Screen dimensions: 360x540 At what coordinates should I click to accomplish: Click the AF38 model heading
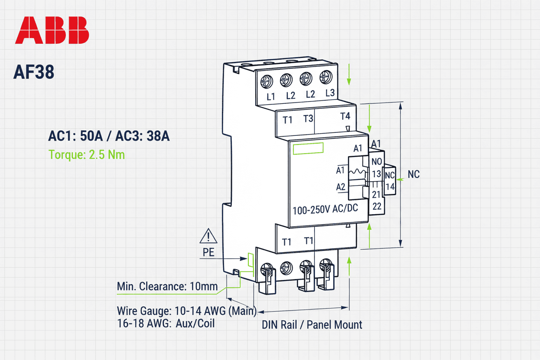pos(34,72)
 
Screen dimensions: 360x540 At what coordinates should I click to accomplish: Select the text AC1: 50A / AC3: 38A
pos(109,136)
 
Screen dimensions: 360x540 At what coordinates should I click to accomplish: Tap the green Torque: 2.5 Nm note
pos(87,154)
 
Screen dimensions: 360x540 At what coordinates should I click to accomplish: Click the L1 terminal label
pos(271,97)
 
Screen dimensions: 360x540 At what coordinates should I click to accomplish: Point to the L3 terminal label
pos(330,93)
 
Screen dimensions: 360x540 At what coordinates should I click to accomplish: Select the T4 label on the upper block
pos(345,116)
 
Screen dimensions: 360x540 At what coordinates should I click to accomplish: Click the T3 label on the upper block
pos(308,119)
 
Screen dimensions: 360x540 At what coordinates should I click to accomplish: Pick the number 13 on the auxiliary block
pos(376,174)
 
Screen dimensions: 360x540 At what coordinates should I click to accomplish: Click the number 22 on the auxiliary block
pos(377,206)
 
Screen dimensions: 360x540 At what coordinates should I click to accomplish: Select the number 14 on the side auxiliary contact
pos(390,187)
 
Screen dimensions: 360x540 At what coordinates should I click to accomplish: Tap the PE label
pos(209,253)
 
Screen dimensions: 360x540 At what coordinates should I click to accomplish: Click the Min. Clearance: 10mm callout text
pos(167,286)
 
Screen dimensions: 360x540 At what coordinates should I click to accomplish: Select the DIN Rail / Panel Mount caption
pos(312,325)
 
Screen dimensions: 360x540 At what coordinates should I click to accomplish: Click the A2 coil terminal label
pos(341,187)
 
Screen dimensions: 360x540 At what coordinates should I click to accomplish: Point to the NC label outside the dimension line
pos(414,175)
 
